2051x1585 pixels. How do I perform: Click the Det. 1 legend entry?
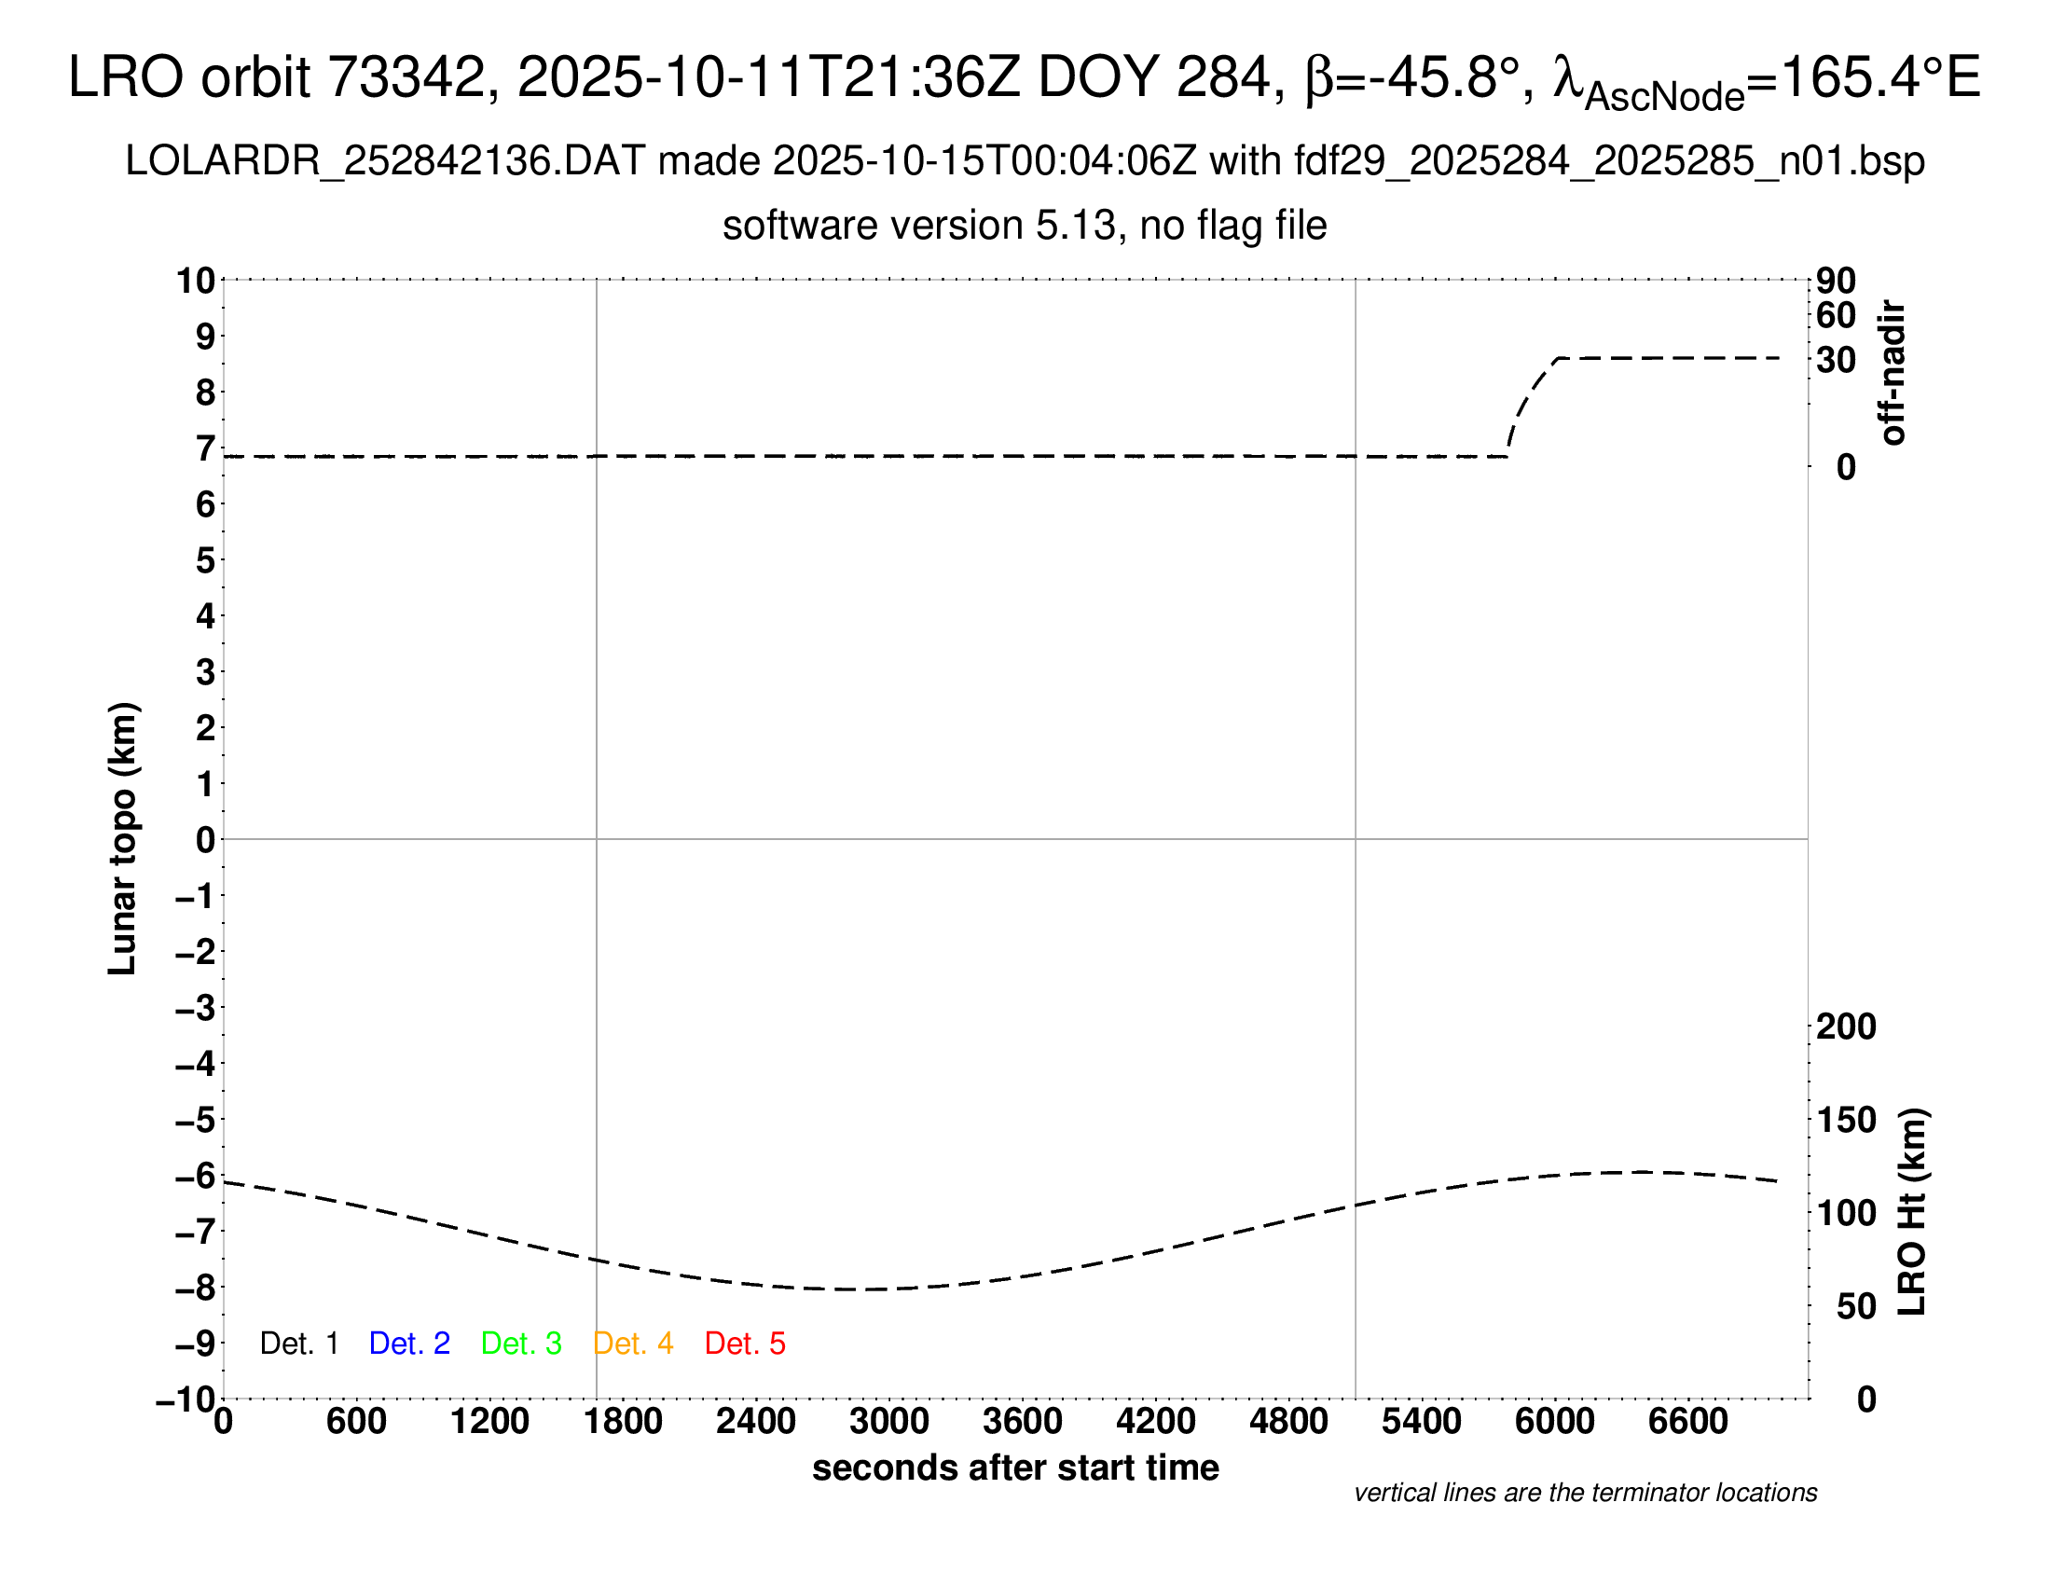(298, 1344)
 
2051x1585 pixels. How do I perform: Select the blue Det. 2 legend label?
(409, 1344)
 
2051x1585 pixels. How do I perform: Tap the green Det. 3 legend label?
(521, 1344)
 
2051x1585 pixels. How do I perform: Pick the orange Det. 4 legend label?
(633, 1344)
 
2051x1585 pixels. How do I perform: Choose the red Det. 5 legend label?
(745, 1344)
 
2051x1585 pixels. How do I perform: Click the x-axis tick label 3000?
(888, 1422)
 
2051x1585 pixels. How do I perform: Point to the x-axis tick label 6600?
(1687, 1422)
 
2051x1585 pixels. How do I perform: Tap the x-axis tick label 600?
(356, 1422)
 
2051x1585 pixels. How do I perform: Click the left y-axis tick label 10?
(197, 281)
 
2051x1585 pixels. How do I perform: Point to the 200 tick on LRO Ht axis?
(1846, 1027)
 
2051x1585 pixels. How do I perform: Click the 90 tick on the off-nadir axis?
(1836, 281)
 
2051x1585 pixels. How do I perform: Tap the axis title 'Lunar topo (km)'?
(123, 838)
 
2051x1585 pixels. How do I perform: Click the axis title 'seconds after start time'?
(1015, 1468)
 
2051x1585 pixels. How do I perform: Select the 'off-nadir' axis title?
(1893, 373)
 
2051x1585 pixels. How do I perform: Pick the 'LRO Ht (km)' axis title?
(1912, 1212)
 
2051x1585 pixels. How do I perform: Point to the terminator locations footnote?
(1585, 1493)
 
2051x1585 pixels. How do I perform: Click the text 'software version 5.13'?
(919, 227)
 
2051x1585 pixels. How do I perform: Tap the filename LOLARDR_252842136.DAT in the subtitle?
(385, 161)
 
